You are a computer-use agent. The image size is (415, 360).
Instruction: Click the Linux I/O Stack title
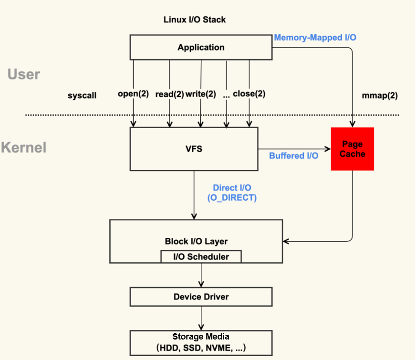[x=195, y=20]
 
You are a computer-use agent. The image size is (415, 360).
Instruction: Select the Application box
[x=201, y=48]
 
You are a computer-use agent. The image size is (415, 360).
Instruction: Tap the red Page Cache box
[x=353, y=149]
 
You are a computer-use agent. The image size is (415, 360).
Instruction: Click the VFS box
[x=194, y=149]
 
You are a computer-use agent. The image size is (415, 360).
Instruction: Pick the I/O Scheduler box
[x=201, y=257]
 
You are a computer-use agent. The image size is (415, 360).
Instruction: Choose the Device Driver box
[x=201, y=297]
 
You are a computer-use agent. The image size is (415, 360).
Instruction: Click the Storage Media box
[x=201, y=342]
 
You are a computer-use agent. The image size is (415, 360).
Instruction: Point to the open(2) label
[x=133, y=94]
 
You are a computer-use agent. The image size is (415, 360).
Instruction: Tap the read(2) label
[x=169, y=94]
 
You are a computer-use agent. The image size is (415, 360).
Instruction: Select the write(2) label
[x=200, y=94]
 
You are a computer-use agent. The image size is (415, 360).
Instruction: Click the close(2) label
[x=249, y=94]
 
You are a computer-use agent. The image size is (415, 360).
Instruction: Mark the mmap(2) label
[x=380, y=95]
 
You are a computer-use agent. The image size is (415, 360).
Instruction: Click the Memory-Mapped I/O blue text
[x=315, y=37]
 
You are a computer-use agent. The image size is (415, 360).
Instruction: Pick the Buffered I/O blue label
[x=293, y=155]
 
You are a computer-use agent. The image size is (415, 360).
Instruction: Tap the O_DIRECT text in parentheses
[x=232, y=198]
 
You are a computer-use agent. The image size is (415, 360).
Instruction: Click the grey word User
[x=24, y=74]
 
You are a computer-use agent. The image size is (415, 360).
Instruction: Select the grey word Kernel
[x=24, y=147]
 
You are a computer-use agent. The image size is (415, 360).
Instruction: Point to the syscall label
[x=82, y=95]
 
